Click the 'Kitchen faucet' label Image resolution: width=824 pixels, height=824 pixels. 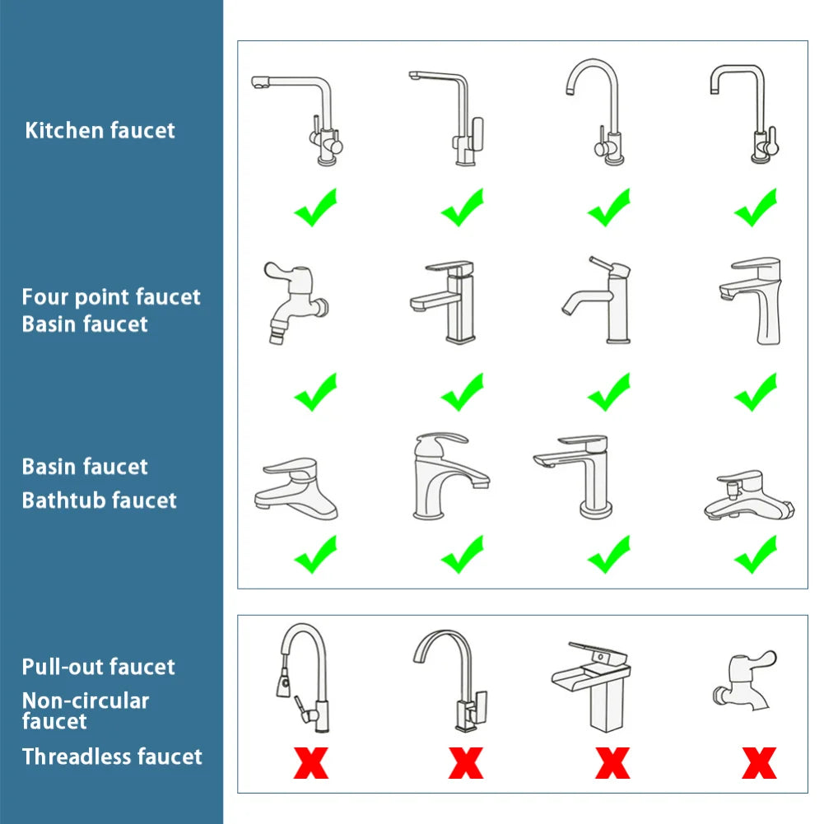click(100, 130)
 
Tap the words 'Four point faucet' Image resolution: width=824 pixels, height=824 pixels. click(111, 296)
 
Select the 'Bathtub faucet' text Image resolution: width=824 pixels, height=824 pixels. click(99, 500)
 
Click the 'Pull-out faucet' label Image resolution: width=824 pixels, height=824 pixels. click(98, 666)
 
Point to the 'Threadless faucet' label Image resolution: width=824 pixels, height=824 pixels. click(112, 756)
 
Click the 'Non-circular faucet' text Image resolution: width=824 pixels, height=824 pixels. click(85, 710)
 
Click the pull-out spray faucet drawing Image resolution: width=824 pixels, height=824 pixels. click(303, 675)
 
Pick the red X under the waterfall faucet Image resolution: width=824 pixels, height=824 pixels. click(612, 762)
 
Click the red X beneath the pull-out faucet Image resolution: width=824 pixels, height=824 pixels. click(311, 762)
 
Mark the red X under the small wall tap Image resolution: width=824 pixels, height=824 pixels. click(758, 762)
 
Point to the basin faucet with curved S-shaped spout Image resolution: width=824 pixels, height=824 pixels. click(597, 300)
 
